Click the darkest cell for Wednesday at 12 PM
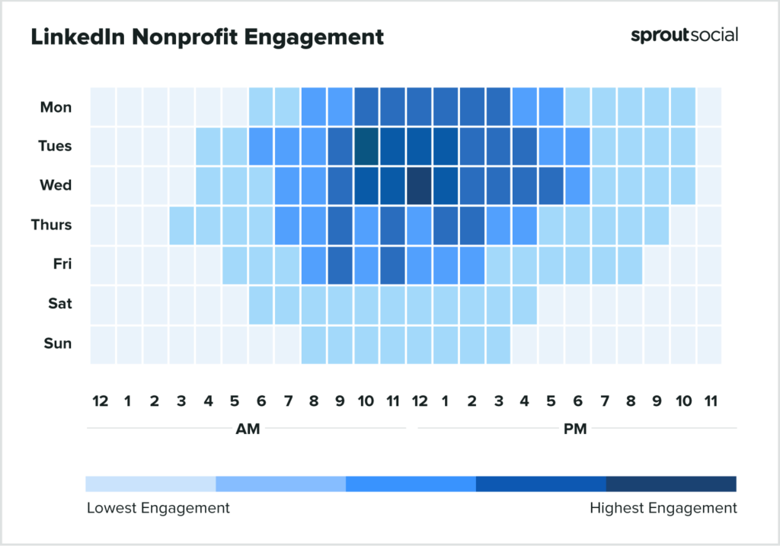coord(418,186)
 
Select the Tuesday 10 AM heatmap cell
coord(366,146)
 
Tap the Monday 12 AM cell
coord(103,107)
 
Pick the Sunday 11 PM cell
coord(709,344)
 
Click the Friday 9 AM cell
coord(340,265)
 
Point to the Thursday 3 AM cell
coord(182,225)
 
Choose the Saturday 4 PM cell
coord(524,305)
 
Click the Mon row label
coord(56,107)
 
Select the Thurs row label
coord(53,225)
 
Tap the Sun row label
coord(57,343)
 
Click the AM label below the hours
coord(248,429)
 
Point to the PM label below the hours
coord(575,429)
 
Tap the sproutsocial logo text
coord(683,35)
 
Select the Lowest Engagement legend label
coord(158,508)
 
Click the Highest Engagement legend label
coord(663,508)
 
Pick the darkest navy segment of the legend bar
coord(671,484)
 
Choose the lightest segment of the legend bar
coord(151,484)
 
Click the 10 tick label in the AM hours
coord(366,401)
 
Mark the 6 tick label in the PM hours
coord(577,401)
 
